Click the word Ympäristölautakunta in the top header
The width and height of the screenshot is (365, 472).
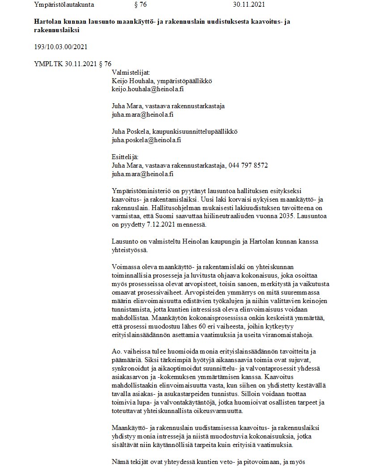tap(64, 5)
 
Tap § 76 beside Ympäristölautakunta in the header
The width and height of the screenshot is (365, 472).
tap(140, 5)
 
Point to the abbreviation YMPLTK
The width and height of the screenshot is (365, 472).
tap(46, 63)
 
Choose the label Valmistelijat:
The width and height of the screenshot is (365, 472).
tap(131, 72)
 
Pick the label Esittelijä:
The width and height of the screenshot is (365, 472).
tap(125, 157)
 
